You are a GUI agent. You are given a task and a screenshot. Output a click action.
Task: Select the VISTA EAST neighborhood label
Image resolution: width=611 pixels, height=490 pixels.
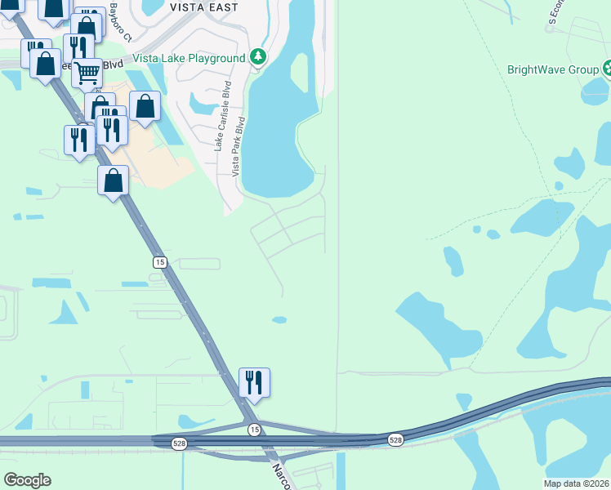[203, 7]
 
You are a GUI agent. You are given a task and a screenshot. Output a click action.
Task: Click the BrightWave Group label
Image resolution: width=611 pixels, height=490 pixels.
[553, 69]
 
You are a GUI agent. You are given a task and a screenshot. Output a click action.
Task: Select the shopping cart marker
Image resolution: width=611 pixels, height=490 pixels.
[87, 73]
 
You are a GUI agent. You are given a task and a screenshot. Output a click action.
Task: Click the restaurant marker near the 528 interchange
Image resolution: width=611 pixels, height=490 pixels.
[254, 381]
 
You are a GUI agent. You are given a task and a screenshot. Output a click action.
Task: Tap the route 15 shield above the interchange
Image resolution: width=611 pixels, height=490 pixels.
[160, 261]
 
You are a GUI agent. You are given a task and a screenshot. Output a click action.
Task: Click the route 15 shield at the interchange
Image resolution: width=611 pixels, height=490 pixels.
[255, 430]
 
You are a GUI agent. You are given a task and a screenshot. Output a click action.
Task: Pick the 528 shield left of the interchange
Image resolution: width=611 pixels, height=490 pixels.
[179, 443]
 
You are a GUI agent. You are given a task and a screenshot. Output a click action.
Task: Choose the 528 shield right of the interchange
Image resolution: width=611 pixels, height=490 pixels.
[395, 439]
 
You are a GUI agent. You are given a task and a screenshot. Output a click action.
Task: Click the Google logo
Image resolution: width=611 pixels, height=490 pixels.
[27, 480]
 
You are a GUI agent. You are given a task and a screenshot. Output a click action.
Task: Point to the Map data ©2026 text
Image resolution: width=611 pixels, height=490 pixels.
[576, 483]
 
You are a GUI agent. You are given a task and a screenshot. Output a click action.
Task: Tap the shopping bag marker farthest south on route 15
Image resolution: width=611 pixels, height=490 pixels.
[114, 180]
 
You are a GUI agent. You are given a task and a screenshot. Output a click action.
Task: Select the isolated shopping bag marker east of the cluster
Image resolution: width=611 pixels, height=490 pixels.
[145, 106]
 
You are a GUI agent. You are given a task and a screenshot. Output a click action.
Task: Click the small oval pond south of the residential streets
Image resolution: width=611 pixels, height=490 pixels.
[279, 319]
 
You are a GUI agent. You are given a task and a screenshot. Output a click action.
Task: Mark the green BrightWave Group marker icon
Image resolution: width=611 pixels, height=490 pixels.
[607, 69]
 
